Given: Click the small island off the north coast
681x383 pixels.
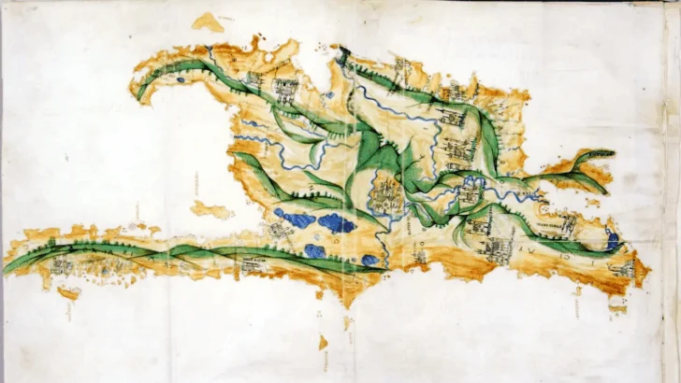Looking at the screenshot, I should tap(207, 21).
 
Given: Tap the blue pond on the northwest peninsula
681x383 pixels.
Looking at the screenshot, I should tap(180, 80).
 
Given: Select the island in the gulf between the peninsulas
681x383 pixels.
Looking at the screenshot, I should tap(211, 209).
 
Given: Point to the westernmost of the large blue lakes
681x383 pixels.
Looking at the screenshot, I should tap(297, 220).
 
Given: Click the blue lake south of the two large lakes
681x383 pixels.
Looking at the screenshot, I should tap(314, 250).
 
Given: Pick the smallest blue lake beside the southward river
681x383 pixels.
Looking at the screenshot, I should tap(370, 260).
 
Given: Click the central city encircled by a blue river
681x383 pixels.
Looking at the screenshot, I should tap(385, 195).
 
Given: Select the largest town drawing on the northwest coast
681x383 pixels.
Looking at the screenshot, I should tap(284, 90).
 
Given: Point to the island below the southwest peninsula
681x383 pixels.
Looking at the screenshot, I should tap(67, 292).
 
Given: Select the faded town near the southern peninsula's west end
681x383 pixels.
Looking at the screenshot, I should tap(62, 267).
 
